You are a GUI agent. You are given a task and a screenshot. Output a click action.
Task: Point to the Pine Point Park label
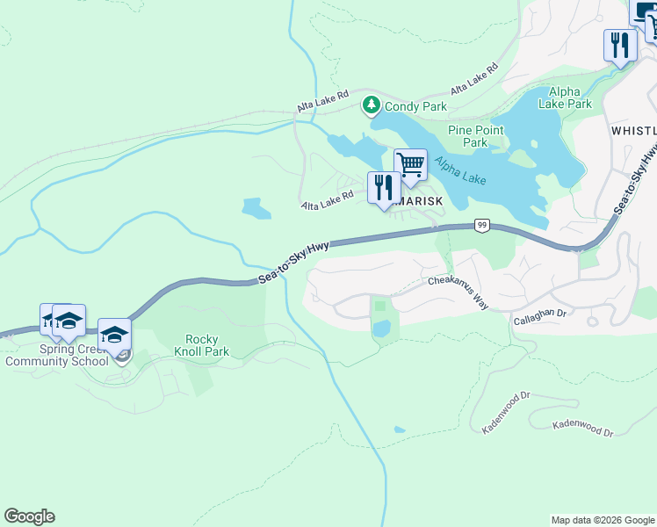pyautogui.click(x=475, y=136)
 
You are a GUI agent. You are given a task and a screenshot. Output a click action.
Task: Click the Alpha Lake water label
pyautogui.click(x=459, y=171)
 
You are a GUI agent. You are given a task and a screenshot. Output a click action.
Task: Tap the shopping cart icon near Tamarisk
pyautogui.click(x=409, y=165)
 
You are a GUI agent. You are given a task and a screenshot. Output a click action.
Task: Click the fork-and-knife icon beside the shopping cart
pyautogui.click(x=383, y=188)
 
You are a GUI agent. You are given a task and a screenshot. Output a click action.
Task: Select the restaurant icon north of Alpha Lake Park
pyautogui.click(x=620, y=45)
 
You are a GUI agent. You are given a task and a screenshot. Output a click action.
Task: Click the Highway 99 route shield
pyautogui.click(x=481, y=225)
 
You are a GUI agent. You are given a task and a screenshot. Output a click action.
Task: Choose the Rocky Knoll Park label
pyautogui.click(x=207, y=345)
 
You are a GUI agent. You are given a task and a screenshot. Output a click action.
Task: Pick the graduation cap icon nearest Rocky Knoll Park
pyautogui.click(x=114, y=335)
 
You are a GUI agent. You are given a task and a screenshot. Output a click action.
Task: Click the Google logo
pyautogui.click(x=29, y=516)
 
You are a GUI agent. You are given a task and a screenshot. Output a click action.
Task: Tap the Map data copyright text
pyautogui.click(x=602, y=520)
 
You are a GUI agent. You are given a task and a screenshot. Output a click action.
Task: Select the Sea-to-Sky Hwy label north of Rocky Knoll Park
pyautogui.click(x=293, y=263)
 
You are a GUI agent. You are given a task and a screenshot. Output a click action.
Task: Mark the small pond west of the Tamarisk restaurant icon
pyautogui.click(x=256, y=208)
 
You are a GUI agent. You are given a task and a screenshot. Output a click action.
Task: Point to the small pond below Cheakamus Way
pyautogui.click(x=381, y=328)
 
